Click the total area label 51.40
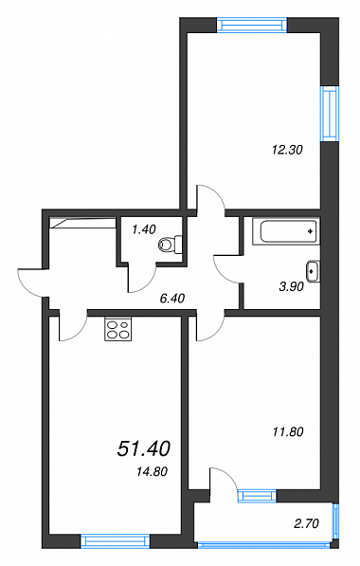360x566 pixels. (x=144, y=449)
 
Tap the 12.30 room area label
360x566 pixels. (x=287, y=150)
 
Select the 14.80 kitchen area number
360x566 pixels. (x=153, y=471)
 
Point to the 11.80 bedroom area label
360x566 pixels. (x=288, y=431)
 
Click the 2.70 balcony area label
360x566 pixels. (x=307, y=523)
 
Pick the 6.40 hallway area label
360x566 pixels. (x=172, y=298)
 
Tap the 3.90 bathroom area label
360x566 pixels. (x=292, y=286)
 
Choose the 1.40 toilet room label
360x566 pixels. (x=144, y=229)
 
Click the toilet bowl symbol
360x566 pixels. (x=171, y=245)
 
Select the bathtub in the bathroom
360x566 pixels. (x=286, y=231)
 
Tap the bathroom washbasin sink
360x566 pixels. (x=313, y=271)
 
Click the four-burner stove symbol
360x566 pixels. (x=118, y=328)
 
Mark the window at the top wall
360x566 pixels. (x=252, y=25)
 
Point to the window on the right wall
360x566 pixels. (x=330, y=114)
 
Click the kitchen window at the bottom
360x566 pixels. (x=115, y=541)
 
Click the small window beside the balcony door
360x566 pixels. (x=257, y=496)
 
